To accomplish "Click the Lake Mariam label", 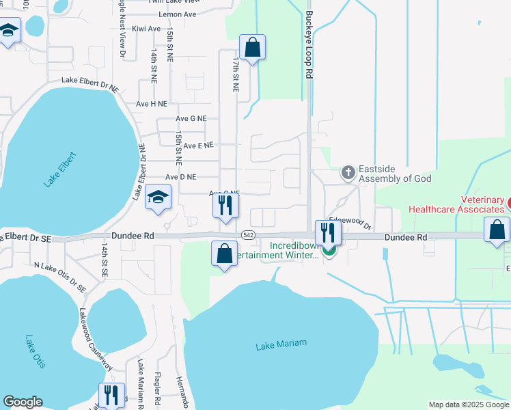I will (x=281, y=345).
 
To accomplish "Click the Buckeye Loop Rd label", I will (x=309, y=45).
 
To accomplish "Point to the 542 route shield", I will (x=248, y=235).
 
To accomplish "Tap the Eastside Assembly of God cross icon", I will (x=348, y=173).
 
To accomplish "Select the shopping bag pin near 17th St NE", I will (x=252, y=48).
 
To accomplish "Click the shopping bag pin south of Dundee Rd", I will (x=224, y=254).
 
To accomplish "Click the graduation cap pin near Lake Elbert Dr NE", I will (x=158, y=198).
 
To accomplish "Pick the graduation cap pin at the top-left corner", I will (x=9, y=31).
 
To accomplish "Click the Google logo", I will (x=23, y=402).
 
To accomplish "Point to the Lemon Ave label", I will (x=176, y=14).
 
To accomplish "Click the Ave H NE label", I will (x=151, y=104).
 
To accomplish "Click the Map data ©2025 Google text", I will (x=468, y=405).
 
